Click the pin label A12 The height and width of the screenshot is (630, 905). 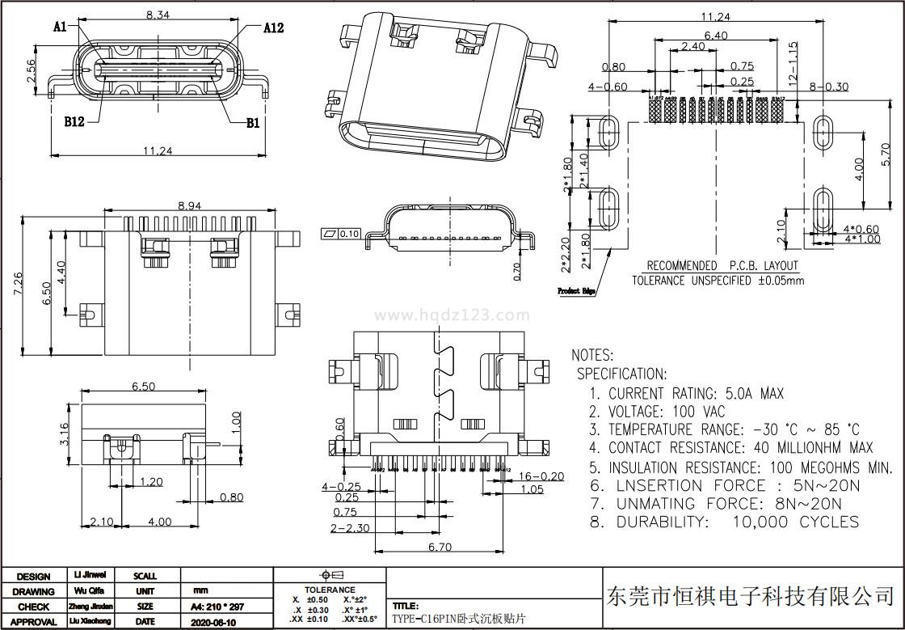(273, 28)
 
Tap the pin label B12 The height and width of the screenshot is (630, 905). (74, 123)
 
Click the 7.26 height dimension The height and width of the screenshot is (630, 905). (29, 284)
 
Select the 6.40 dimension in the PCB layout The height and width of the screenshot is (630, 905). (716, 36)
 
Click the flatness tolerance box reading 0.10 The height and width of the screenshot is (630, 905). (341, 234)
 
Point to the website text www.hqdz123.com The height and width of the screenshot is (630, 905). (452, 315)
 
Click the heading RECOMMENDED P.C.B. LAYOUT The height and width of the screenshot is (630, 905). (722, 265)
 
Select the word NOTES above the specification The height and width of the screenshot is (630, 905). (592, 355)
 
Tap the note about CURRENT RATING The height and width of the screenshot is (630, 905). (687, 394)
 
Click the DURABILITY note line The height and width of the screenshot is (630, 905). (724, 522)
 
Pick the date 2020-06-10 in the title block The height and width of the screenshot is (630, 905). (213, 622)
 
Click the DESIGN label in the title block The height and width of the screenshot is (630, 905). (33, 577)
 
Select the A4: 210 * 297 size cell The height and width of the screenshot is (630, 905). (217, 607)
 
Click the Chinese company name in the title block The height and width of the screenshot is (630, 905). (749, 597)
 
